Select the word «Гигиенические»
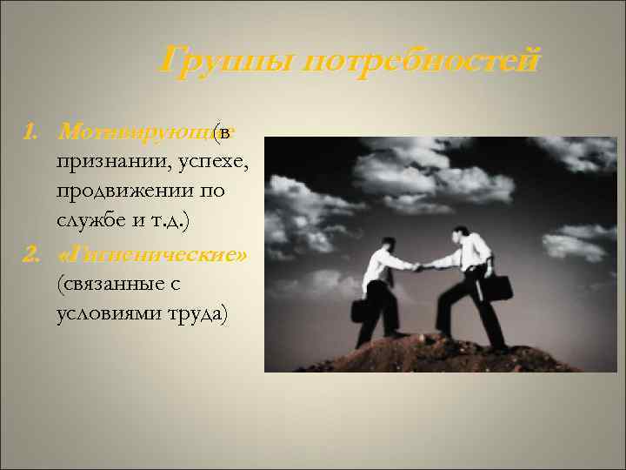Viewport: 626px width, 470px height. click(155, 253)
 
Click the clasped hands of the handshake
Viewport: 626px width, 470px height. click(419, 267)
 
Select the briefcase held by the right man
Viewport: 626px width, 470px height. click(499, 288)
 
